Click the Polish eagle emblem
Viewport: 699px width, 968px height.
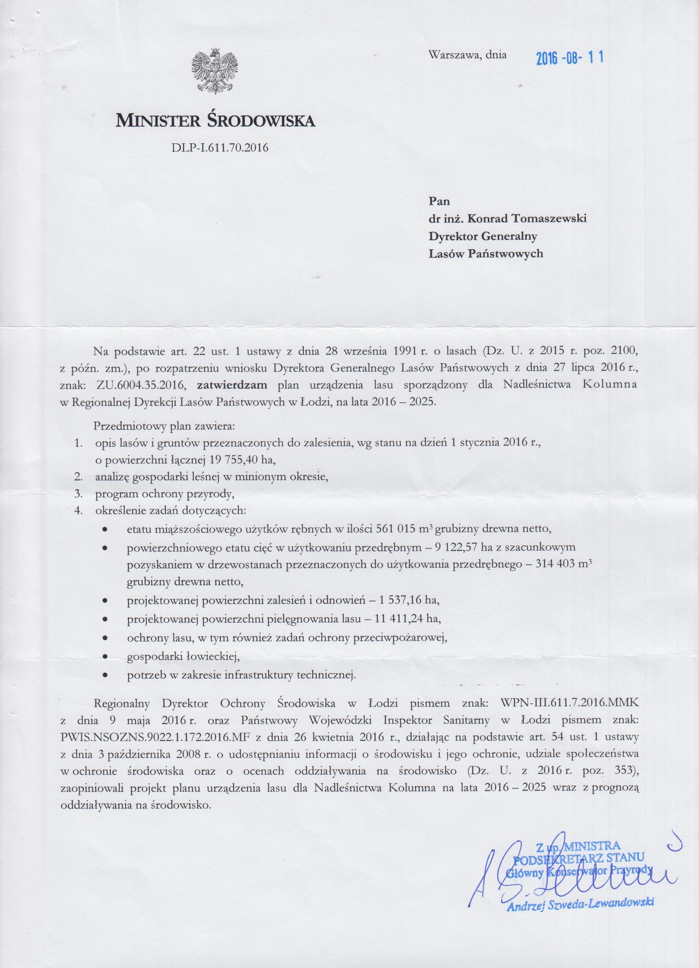coord(214,71)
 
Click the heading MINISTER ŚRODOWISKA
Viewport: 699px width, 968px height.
coord(215,121)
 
